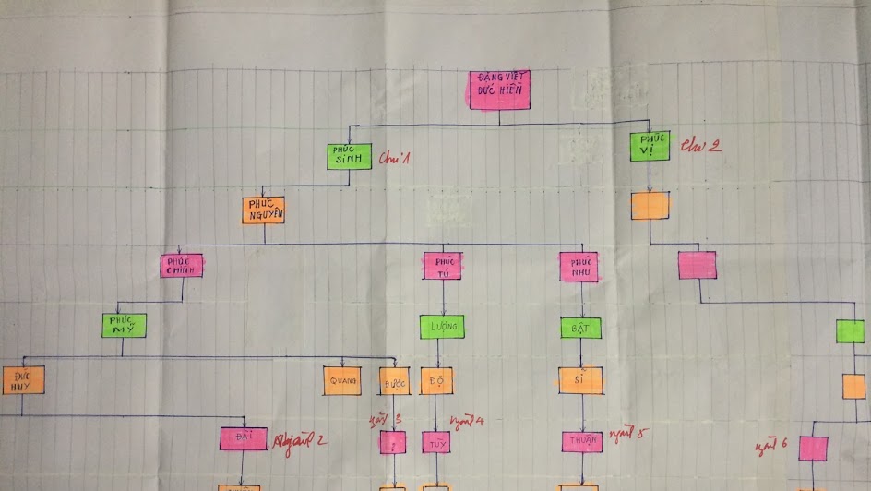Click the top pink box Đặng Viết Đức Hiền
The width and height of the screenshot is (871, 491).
point(499,90)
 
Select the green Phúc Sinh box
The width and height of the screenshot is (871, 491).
point(350,156)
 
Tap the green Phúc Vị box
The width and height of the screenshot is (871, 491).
point(650,146)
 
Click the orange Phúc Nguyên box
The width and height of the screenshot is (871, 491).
point(263,210)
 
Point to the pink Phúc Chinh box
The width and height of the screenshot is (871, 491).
point(181,265)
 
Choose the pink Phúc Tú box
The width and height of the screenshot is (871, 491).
point(443,266)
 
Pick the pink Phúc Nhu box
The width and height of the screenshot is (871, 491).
point(579,267)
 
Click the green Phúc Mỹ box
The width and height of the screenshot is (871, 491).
point(124,325)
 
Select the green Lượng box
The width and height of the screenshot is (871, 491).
point(442,327)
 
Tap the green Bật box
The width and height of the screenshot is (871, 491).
point(580,328)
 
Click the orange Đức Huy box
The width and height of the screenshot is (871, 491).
point(23,380)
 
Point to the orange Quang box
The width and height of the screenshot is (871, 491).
point(342,380)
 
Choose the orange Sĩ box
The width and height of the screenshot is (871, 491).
point(580,380)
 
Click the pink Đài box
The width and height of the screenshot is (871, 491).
point(244,438)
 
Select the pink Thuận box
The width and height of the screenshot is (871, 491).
point(581,441)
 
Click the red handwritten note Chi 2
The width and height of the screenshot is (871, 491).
point(700,144)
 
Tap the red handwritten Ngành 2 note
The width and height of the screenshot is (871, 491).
point(300,440)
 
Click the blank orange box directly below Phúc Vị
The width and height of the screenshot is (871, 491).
point(650,205)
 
